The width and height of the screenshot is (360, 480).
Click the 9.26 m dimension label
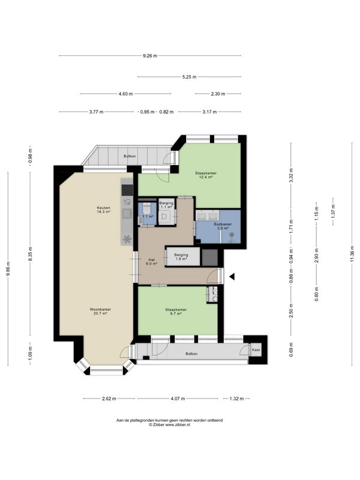(x=150, y=56)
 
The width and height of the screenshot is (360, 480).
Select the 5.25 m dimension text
(x=189, y=77)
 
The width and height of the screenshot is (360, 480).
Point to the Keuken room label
(x=103, y=208)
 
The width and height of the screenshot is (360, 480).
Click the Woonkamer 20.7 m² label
(x=100, y=311)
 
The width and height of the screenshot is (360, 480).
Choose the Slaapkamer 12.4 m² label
(x=206, y=175)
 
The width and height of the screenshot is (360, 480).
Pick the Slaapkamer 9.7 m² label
(x=176, y=311)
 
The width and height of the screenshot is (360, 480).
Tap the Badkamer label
(x=223, y=224)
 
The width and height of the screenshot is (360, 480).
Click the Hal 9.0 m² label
(x=151, y=261)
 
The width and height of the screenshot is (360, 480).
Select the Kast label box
(x=256, y=350)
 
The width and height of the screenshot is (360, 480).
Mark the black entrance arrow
(x=232, y=277)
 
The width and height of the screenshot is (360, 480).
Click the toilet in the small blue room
(x=146, y=209)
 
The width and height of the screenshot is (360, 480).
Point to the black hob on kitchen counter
(x=127, y=190)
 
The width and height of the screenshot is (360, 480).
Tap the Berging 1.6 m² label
(x=181, y=257)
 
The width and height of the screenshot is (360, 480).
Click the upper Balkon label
(x=130, y=156)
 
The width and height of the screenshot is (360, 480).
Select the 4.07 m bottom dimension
(x=178, y=398)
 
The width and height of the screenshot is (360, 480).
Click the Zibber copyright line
(x=169, y=425)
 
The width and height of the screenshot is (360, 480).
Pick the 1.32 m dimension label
(x=236, y=398)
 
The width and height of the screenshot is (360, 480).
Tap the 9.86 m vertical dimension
(x=8, y=268)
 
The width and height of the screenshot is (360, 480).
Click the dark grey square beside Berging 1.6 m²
(x=209, y=257)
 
